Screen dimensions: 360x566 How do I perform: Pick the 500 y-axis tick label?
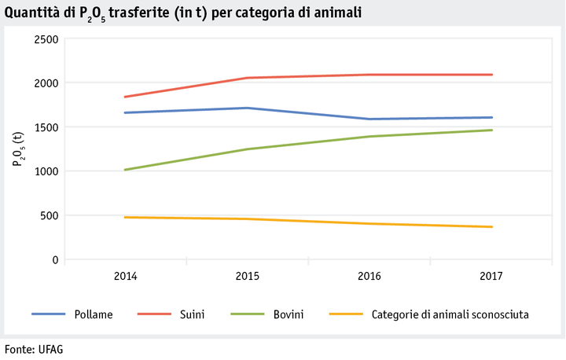pyautogui.click(x=50, y=215)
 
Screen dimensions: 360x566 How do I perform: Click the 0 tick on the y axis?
pyautogui.click(x=54, y=259)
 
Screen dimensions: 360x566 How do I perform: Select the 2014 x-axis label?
pyautogui.click(x=125, y=276)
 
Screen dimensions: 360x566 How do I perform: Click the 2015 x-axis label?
pyautogui.click(x=248, y=276)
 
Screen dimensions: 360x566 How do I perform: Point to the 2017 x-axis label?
pyautogui.click(x=491, y=276)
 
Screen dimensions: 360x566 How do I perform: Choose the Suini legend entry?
pyautogui.click(x=193, y=314)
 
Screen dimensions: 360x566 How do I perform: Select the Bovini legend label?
pyautogui.click(x=289, y=314)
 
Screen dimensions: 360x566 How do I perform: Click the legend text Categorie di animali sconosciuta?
pyautogui.click(x=450, y=314)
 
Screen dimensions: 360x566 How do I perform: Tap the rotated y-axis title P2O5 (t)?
pyautogui.click(x=17, y=149)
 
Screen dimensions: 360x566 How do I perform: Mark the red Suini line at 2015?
pyautogui.click(x=248, y=78)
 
